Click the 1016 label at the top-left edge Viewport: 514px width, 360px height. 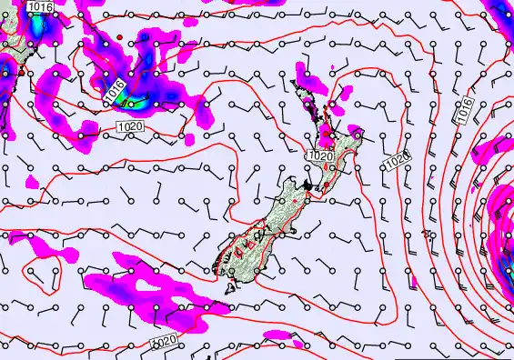click(40, 7)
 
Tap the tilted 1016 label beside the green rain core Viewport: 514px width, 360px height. click(114, 89)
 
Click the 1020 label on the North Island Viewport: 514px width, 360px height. click(319, 156)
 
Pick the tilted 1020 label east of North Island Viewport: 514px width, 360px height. click(397, 162)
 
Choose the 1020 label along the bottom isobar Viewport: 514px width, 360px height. click(163, 341)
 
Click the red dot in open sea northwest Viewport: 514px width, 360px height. click(119, 35)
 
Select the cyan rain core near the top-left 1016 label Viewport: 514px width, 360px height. click(36, 27)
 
